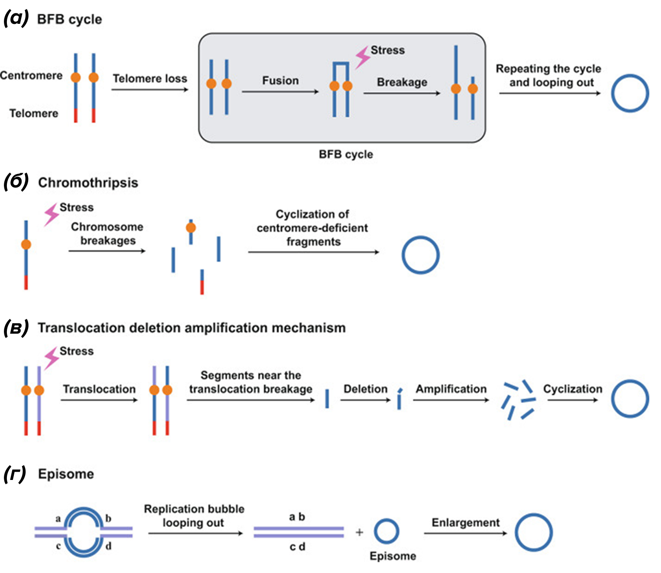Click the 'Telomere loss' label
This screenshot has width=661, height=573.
point(150,78)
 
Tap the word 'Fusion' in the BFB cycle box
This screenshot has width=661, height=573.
point(281,80)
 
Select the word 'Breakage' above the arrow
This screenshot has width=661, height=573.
point(402,82)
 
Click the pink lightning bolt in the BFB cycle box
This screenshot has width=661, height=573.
point(363,58)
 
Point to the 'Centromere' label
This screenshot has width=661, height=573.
point(31,75)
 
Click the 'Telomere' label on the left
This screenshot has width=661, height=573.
point(34,113)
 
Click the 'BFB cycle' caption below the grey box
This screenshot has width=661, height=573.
point(346,155)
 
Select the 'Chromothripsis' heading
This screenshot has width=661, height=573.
point(88,183)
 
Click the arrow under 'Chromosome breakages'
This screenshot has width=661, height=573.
point(107,251)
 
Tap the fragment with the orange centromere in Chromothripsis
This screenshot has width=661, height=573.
point(191,232)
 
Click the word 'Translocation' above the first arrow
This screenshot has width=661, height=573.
point(99,389)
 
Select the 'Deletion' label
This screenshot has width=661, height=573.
point(365,389)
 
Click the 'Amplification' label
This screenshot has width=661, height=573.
point(451,389)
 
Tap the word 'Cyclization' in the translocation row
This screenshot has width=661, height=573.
point(573,389)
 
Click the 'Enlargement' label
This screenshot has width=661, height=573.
point(466,522)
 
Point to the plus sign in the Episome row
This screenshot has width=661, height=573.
point(359,532)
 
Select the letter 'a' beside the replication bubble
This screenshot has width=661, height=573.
point(58,518)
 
